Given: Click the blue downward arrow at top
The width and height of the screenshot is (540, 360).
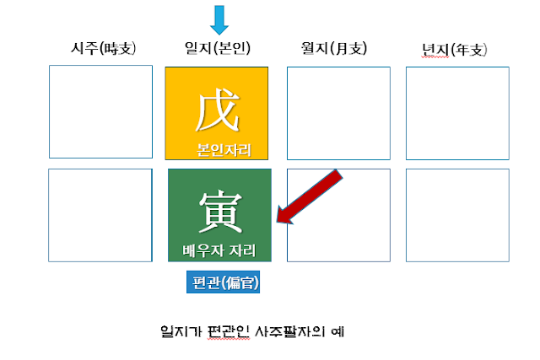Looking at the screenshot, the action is (220, 19).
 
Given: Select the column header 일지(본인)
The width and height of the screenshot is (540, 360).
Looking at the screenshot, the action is (218, 49).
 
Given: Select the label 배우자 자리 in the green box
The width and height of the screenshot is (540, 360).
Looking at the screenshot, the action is (220, 250).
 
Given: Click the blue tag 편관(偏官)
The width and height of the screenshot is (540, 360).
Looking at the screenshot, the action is (223, 282).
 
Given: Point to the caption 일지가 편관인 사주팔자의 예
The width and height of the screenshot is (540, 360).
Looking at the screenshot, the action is (252, 331).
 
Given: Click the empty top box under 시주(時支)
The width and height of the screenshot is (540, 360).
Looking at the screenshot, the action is (100, 111).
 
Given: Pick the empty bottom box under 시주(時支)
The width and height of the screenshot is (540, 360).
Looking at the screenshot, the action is (100, 214).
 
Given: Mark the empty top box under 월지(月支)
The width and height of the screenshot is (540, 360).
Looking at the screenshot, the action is (338, 112).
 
